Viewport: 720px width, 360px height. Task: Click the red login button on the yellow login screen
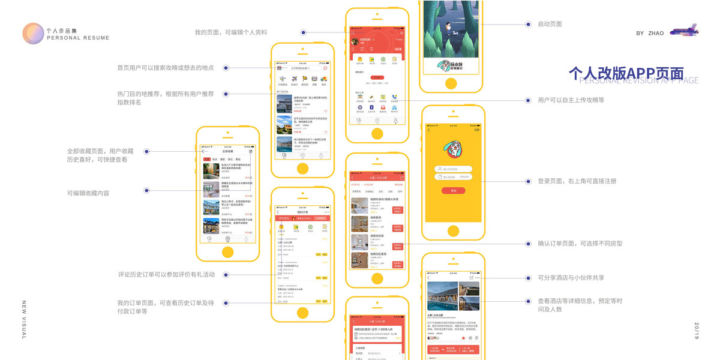[x=453, y=190]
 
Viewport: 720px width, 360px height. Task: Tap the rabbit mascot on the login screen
[x=453, y=150]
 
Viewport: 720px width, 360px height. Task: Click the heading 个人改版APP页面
[x=626, y=73]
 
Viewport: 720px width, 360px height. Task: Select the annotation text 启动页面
[x=550, y=24]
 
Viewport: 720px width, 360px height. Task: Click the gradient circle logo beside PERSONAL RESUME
[x=33, y=33]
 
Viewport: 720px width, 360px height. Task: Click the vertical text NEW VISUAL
[x=24, y=320]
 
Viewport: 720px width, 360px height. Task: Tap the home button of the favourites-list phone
[x=227, y=252]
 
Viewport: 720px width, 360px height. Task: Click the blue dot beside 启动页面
[x=528, y=25]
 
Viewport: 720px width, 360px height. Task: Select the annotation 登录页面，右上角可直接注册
[x=577, y=181]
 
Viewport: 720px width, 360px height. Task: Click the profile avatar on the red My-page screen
[x=355, y=41]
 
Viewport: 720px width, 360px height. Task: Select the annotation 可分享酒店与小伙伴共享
[x=571, y=278]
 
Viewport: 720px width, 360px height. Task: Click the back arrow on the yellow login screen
[x=428, y=130]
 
